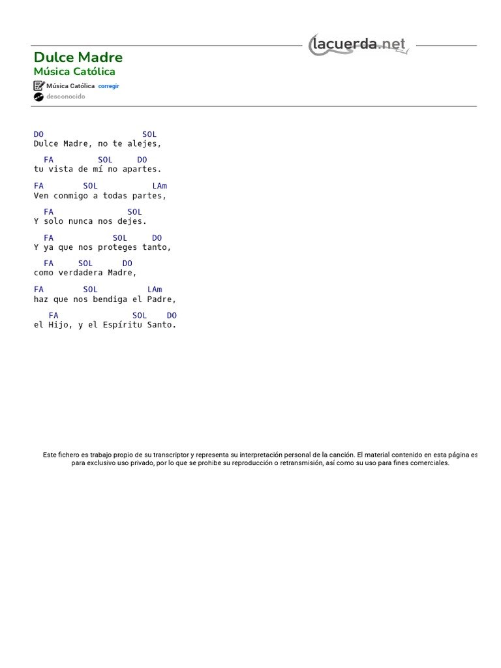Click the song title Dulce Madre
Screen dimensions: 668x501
78,57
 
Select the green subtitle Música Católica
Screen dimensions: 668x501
74,72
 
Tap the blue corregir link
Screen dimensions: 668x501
108,86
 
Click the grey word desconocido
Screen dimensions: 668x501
65,97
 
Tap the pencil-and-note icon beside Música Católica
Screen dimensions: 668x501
38,86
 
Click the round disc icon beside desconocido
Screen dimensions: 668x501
38,97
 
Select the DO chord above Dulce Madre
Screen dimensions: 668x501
38,134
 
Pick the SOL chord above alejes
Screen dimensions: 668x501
149,134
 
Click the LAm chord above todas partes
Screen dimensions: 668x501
159,186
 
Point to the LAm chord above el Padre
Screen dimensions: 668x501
155,290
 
